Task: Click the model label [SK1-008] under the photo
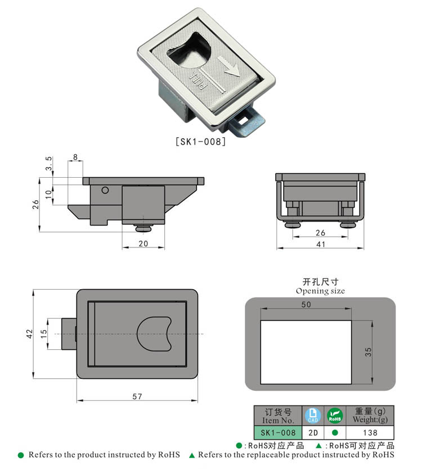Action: click(200, 142)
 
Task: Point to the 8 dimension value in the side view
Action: click(76, 157)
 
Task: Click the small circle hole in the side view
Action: click(105, 191)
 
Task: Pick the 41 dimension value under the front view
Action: click(320, 243)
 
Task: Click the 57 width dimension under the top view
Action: click(137, 396)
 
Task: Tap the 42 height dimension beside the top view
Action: click(29, 334)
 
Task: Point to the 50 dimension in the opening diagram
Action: click(306, 304)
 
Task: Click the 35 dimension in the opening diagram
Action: click(368, 351)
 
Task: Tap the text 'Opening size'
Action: click(320, 291)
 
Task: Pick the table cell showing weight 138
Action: click(369, 433)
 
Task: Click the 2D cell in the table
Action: click(313, 433)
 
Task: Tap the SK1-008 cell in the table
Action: click(278, 433)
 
